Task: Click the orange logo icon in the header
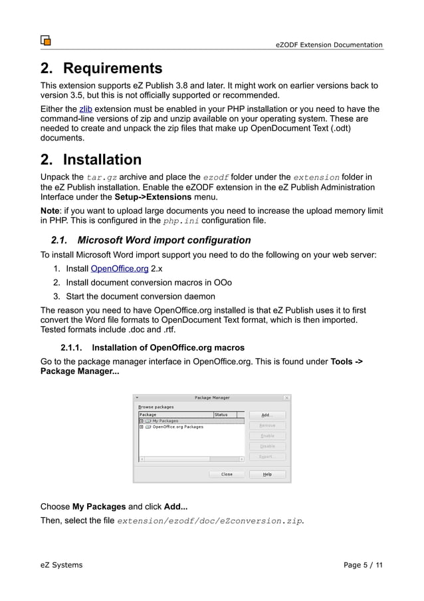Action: click(46, 40)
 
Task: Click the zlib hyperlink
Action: click(86, 109)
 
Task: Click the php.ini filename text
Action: click(180, 221)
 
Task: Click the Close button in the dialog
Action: click(227, 475)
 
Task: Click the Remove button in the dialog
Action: click(266, 425)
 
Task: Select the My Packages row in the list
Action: click(165, 421)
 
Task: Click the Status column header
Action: click(221, 414)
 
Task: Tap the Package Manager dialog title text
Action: click(212, 398)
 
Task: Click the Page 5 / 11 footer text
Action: click(363, 565)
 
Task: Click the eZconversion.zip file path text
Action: click(210, 521)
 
